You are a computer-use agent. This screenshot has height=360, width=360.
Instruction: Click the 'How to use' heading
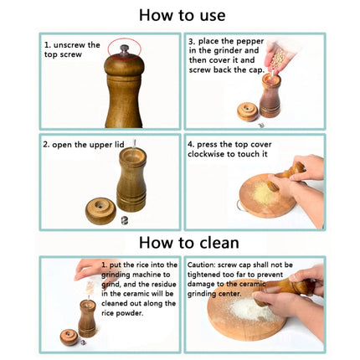[182, 14]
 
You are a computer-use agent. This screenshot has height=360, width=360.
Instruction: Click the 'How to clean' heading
[182, 243]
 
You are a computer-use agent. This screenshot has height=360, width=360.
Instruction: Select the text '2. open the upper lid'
[83, 144]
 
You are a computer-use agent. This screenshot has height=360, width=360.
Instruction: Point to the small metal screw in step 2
[125, 220]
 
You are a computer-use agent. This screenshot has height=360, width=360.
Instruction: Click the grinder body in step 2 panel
[131, 180]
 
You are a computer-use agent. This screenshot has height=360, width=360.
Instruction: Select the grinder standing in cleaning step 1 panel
[87, 318]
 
